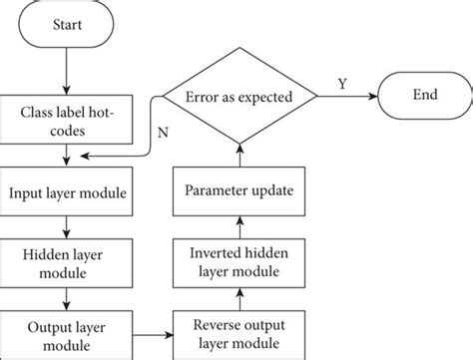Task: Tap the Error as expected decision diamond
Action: (239, 98)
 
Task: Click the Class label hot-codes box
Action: (65, 120)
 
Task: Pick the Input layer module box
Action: (65, 190)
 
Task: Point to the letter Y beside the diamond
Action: (342, 85)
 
